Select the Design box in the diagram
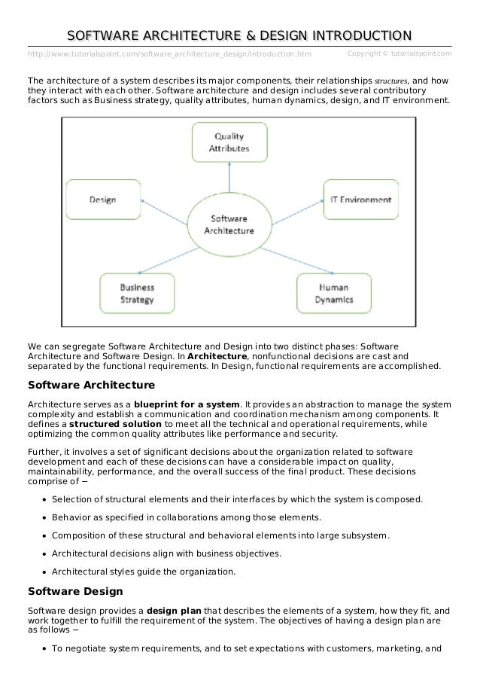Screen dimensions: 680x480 (102, 200)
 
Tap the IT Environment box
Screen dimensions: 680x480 (360, 200)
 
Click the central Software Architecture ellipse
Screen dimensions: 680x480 (231, 224)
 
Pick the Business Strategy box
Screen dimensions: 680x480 (136, 292)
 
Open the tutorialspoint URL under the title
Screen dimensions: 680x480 (169, 53)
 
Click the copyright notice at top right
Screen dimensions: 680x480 (400, 53)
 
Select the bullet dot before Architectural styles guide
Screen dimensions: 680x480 (47, 572)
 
